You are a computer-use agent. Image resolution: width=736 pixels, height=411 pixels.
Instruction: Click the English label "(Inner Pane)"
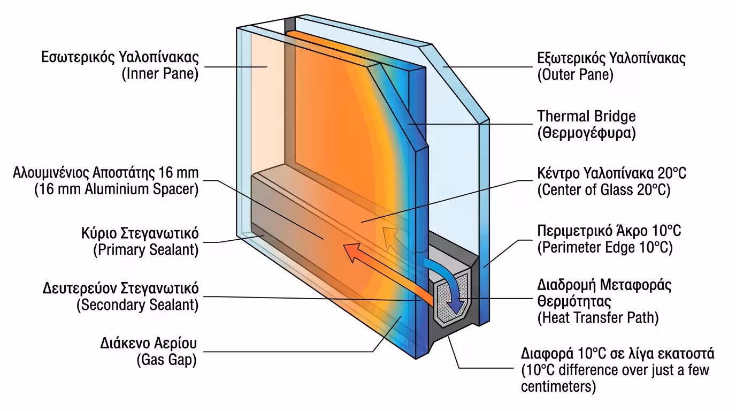(160, 74)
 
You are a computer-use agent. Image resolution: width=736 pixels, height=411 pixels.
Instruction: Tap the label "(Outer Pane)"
(575, 74)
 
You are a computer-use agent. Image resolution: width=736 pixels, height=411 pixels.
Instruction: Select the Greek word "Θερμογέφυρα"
(587, 133)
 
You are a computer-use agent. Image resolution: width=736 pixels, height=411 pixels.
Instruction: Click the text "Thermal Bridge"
(586, 116)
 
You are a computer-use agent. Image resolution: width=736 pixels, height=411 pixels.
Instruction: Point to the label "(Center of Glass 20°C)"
(603, 189)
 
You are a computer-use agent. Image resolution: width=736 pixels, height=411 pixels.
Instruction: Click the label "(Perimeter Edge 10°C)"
(604, 247)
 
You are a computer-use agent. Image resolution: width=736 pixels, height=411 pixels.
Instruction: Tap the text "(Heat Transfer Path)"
(597, 318)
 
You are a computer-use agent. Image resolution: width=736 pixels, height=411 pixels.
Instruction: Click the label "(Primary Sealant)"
(145, 249)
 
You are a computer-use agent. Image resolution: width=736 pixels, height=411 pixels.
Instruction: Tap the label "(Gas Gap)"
(167, 360)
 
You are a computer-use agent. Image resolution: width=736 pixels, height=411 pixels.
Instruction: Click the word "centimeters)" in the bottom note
(558, 386)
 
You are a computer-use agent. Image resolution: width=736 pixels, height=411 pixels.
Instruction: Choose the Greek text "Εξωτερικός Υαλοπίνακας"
(611, 58)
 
